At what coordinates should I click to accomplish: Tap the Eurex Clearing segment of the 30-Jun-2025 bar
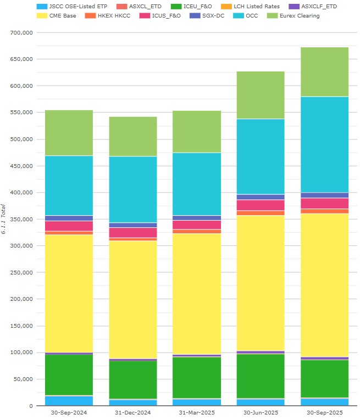[x=261, y=95]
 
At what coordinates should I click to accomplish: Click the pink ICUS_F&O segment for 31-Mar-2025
[x=196, y=225]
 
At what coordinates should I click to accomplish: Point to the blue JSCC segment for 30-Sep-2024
[x=69, y=401]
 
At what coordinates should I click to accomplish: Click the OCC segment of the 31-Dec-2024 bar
[x=132, y=189]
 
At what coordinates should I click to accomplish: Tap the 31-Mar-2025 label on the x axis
[x=196, y=412]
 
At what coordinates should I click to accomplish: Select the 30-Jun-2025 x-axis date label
[x=261, y=412]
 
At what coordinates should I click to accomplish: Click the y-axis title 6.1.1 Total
[x=4, y=219]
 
